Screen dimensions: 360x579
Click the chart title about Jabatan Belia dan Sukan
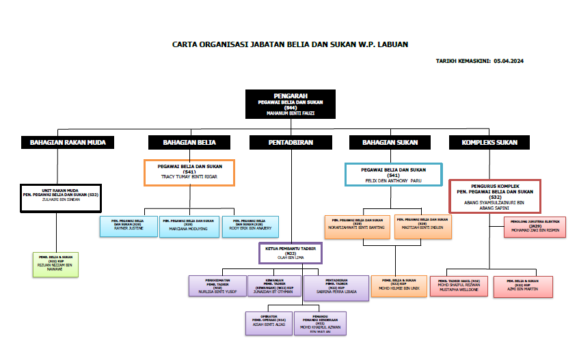click(x=290, y=44)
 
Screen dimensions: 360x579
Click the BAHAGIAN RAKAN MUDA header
click(x=66, y=143)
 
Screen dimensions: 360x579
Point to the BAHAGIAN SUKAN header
click(x=389, y=143)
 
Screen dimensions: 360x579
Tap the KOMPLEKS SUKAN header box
click(x=489, y=143)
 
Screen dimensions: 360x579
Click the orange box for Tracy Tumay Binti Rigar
click(x=189, y=172)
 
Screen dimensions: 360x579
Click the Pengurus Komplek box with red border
click(x=496, y=196)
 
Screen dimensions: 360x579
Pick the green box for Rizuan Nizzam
click(x=55, y=264)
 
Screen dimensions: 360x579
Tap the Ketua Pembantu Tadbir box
click(x=291, y=253)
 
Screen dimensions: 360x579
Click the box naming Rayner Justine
click(x=127, y=227)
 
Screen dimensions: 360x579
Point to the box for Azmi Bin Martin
click(x=524, y=286)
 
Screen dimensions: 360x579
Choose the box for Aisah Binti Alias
click(x=268, y=323)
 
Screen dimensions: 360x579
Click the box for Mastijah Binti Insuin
click(x=424, y=227)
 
